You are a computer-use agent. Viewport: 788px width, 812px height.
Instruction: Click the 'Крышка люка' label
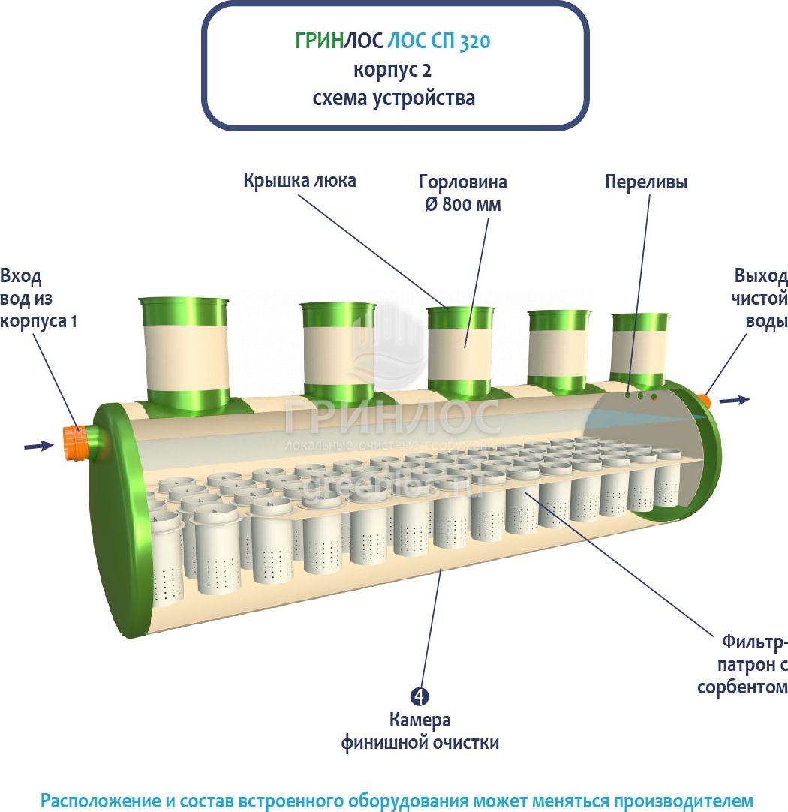pyautogui.click(x=299, y=181)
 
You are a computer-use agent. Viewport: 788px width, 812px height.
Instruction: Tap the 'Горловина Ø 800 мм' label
pyautogui.click(x=462, y=193)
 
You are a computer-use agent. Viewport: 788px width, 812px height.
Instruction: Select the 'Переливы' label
pyautogui.click(x=646, y=182)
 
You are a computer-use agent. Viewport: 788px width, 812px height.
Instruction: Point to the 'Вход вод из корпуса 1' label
pyautogui.click(x=38, y=297)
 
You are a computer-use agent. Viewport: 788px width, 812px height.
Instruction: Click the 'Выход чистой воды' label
pyautogui.click(x=760, y=298)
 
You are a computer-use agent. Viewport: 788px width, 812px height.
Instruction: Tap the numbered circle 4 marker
pyautogui.click(x=420, y=696)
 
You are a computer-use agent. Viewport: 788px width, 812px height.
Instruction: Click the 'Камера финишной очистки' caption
pyautogui.click(x=420, y=732)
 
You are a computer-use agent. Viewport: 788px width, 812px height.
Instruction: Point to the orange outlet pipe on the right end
pyautogui.click(x=703, y=398)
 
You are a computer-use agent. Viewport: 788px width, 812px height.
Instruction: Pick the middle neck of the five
pyautogui.click(x=460, y=350)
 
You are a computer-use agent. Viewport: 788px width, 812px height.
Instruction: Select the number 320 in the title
pyautogui.click(x=473, y=41)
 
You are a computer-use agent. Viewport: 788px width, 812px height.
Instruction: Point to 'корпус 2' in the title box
pyautogui.click(x=393, y=70)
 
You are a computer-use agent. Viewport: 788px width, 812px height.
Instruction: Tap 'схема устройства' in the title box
pyautogui.click(x=393, y=98)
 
